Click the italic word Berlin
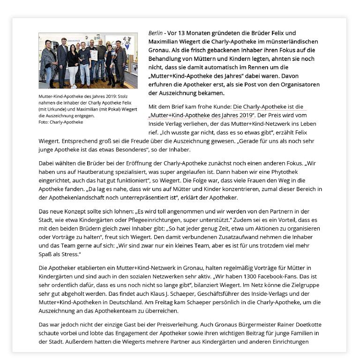(x=155, y=33)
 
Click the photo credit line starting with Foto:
(x=61, y=122)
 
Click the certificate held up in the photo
(x=94, y=55)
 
